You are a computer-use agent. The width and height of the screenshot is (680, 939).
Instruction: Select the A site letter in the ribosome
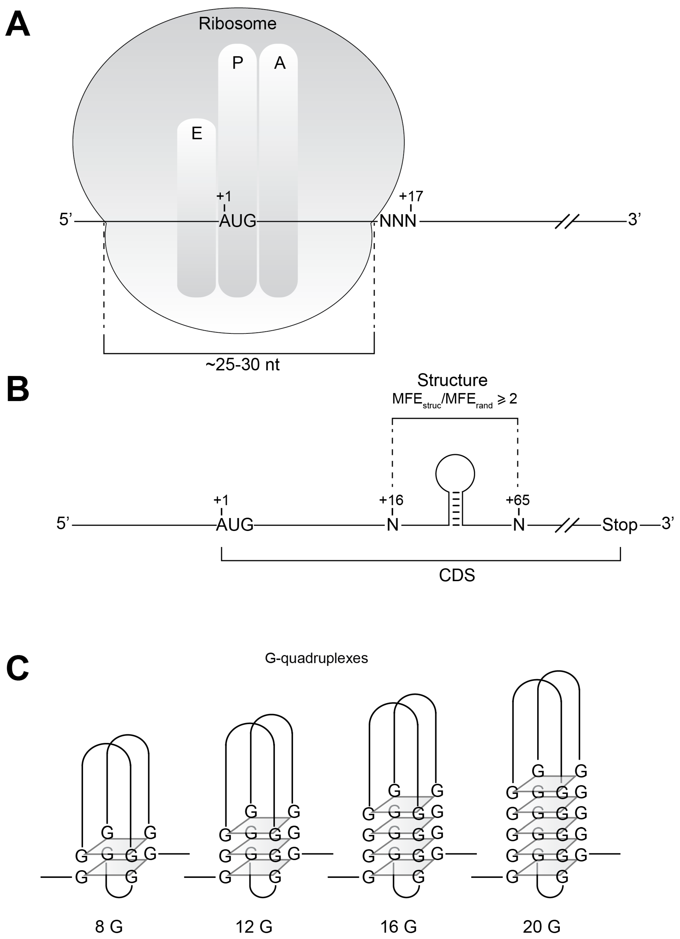point(280,63)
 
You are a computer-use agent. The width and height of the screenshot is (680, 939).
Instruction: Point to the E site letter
point(197,133)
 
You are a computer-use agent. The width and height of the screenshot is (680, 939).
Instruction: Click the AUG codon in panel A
point(238,221)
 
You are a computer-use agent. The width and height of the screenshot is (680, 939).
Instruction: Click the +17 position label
point(411,196)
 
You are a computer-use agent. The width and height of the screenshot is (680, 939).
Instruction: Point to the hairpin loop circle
point(455,474)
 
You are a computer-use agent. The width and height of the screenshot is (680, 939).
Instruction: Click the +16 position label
point(391,500)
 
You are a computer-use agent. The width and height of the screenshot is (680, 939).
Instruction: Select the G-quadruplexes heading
point(316,658)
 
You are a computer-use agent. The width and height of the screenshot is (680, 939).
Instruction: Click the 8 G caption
point(109,927)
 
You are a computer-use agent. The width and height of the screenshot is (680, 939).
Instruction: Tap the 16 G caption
point(398,927)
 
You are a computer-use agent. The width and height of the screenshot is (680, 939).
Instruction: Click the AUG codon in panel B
point(235,525)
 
